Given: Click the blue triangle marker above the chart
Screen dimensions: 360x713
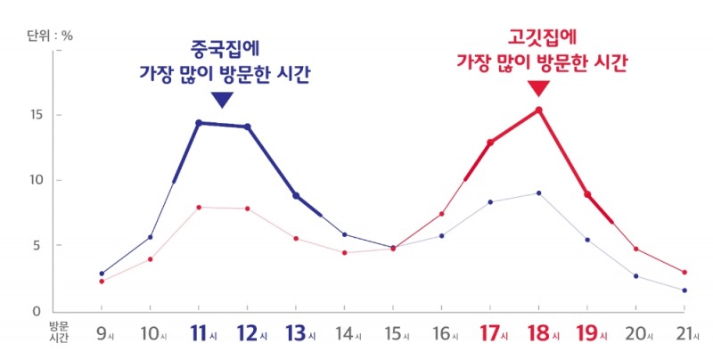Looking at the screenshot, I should click(223, 99).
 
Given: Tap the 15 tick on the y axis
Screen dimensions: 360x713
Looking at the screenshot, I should click(35, 116).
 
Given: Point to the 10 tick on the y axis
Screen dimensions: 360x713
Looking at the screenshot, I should click(35, 181).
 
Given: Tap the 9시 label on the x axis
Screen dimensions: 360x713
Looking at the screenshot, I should click(104, 334).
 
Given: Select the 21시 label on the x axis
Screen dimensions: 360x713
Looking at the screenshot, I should click(683, 334).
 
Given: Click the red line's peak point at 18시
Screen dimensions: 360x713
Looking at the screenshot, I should click(539, 110).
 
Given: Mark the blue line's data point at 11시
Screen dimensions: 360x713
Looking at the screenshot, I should click(199, 123).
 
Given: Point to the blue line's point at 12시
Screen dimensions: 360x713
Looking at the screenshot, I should click(248, 127).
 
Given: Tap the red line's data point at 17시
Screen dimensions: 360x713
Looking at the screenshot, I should click(490, 142).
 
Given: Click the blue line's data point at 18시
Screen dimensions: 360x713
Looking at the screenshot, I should click(539, 193).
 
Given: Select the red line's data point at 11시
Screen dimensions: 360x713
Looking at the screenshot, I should click(199, 207).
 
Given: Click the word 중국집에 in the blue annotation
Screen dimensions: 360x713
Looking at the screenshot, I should click(224, 47).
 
